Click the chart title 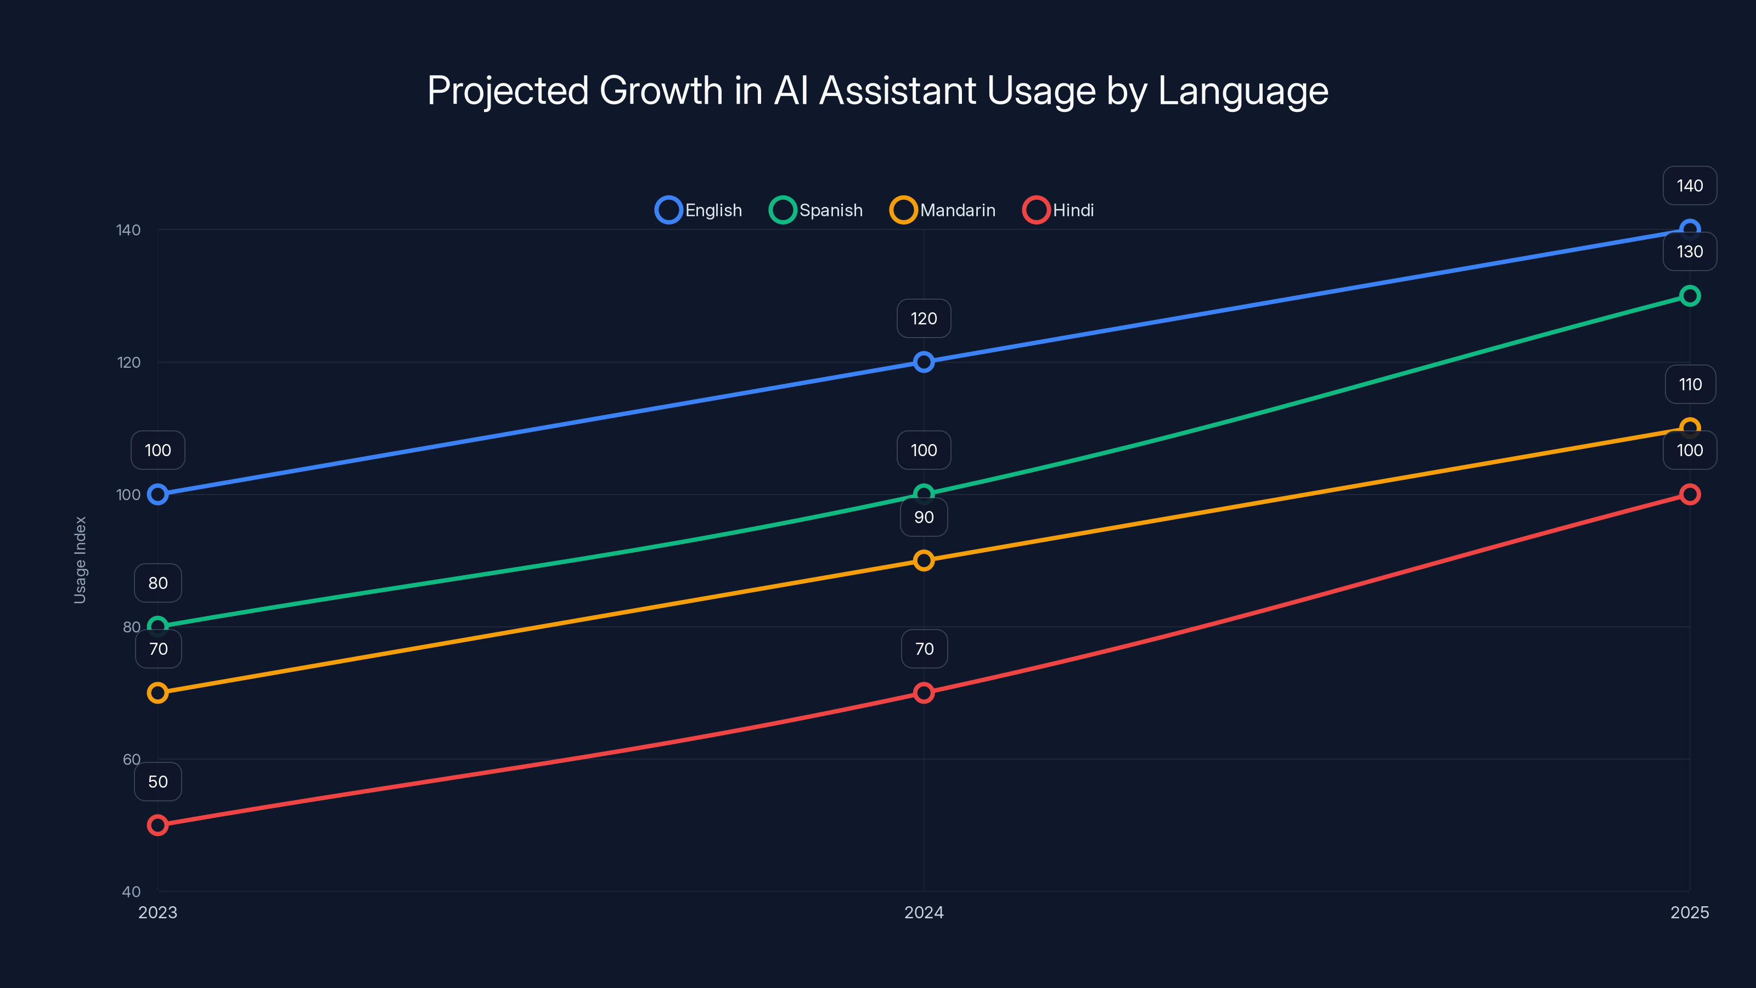[x=877, y=91]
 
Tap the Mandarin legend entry [x=943, y=210]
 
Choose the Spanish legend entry [x=816, y=210]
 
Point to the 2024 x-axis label [x=924, y=912]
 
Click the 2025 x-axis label [x=1689, y=912]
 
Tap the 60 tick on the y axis [x=132, y=759]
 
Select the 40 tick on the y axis [x=132, y=891]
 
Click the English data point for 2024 [x=924, y=362]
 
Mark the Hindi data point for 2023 [x=157, y=825]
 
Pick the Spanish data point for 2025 [x=1689, y=296]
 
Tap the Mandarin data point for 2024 [x=924, y=560]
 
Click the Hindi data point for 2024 [x=924, y=693]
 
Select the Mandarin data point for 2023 [x=157, y=693]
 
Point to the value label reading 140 [x=1689, y=186]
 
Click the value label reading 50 [x=157, y=782]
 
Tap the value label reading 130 [x=1689, y=251]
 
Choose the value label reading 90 [x=924, y=517]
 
